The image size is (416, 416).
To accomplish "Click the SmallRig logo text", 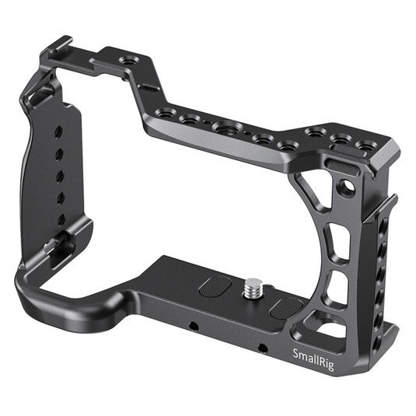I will pos(314,357).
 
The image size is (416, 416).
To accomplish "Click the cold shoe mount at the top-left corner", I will pos(59,45).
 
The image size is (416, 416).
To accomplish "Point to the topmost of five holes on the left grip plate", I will pos(57,133).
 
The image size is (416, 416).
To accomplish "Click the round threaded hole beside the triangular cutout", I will pos(348,187).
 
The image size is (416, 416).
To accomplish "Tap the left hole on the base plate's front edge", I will pos(191,322).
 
